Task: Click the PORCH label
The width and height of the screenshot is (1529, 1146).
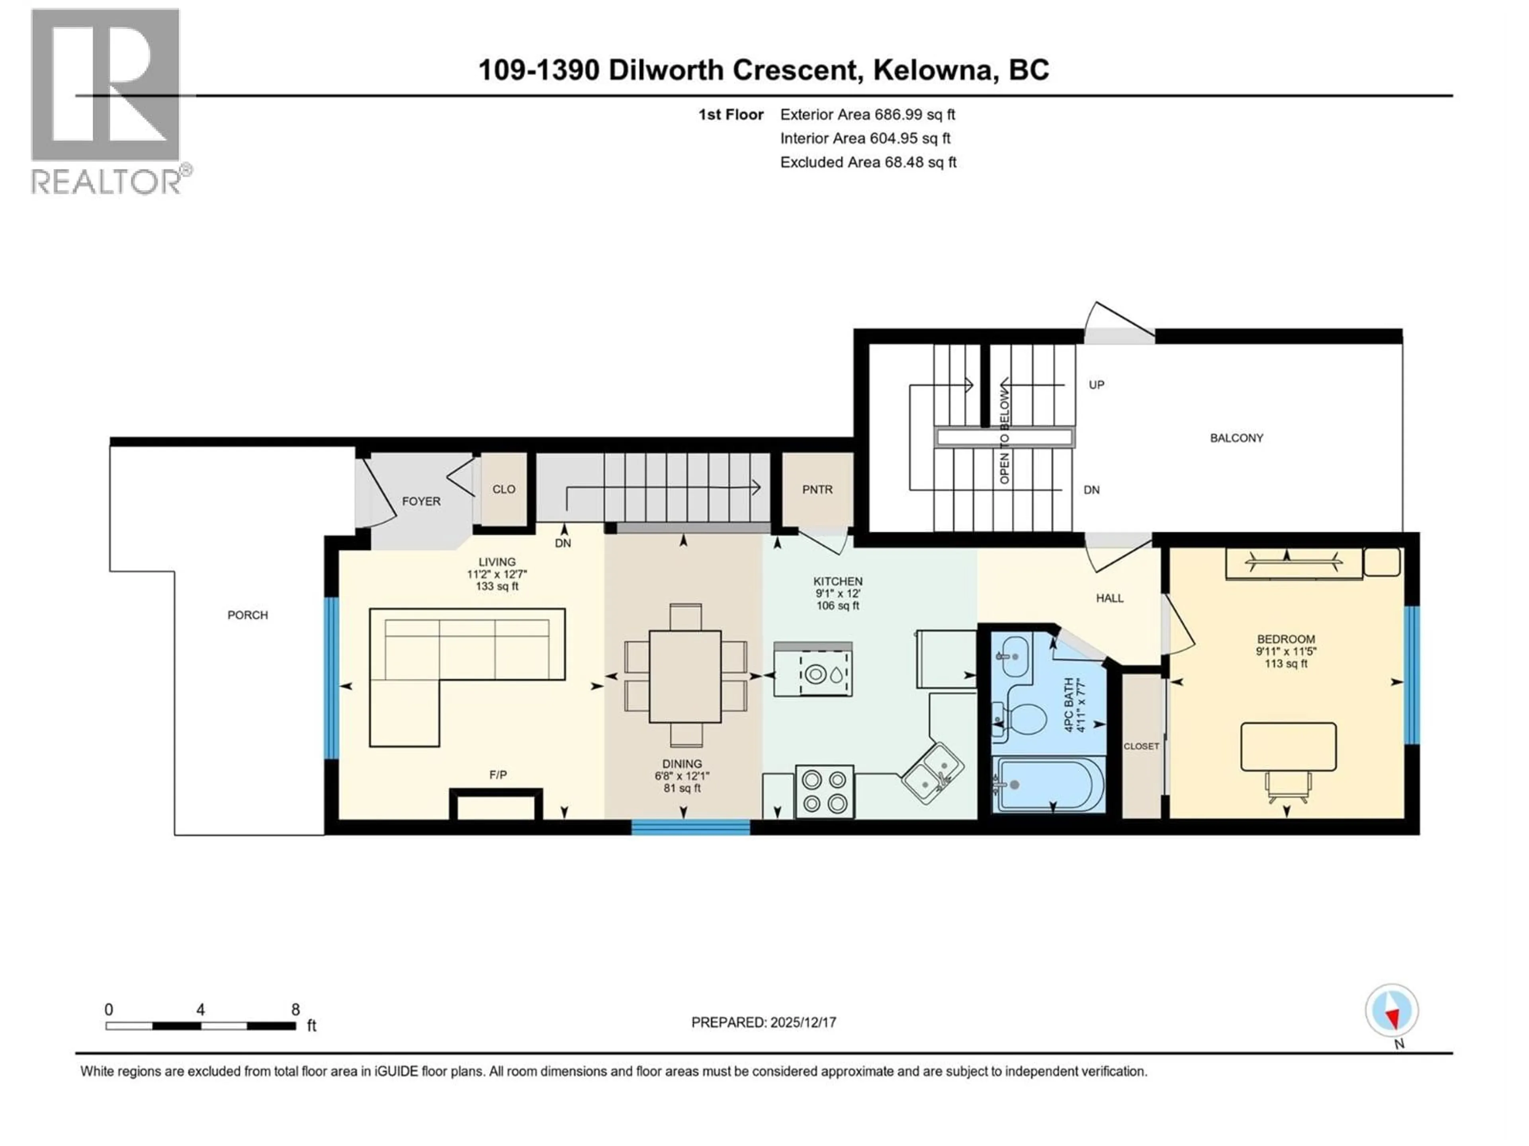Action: (x=247, y=615)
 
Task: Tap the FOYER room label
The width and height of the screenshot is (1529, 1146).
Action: (x=421, y=501)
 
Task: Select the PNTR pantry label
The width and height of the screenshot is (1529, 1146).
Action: (x=817, y=489)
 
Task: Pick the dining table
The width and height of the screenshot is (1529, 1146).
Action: (x=685, y=676)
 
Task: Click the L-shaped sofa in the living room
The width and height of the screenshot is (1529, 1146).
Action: (x=442, y=663)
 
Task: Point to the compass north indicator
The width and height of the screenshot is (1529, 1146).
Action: (x=1392, y=1011)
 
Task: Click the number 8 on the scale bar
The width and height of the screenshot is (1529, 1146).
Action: (x=295, y=1009)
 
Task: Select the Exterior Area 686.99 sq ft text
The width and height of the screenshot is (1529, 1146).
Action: (x=868, y=115)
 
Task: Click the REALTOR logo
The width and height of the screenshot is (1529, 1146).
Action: (x=107, y=100)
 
